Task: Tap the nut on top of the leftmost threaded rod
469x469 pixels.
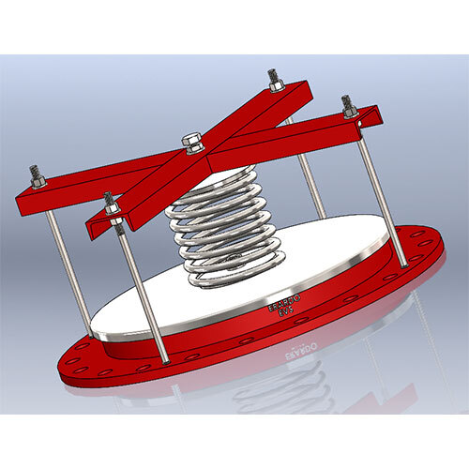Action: pyautogui.click(x=36, y=175)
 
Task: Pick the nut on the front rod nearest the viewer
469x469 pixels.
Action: pyautogui.click(x=111, y=202)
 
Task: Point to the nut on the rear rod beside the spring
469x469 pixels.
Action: pyautogui.click(x=274, y=81)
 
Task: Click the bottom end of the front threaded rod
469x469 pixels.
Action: pyautogui.click(x=165, y=359)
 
